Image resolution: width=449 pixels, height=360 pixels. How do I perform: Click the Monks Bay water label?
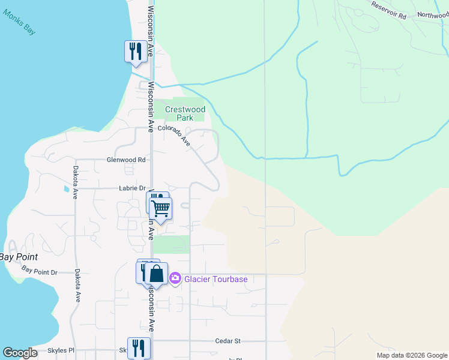click(19, 23)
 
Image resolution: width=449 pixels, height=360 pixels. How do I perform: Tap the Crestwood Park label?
click(185, 113)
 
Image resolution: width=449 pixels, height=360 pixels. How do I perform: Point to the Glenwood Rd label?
click(126, 160)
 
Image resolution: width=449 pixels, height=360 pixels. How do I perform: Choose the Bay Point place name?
click(19, 257)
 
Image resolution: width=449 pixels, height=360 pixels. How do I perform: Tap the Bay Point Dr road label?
click(39, 271)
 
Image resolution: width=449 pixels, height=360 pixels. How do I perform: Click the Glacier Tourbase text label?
click(215, 279)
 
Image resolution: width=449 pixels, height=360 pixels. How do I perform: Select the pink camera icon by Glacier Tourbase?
click(175, 278)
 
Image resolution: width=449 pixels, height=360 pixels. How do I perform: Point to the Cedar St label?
click(228, 341)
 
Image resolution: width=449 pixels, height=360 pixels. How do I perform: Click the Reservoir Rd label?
click(388, 11)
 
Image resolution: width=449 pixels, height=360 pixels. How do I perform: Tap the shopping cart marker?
click(160, 208)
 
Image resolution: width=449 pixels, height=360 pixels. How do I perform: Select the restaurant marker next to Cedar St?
click(139, 347)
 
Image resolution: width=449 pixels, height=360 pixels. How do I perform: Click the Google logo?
click(20, 353)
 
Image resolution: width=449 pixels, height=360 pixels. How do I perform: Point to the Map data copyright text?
click(412, 355)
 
